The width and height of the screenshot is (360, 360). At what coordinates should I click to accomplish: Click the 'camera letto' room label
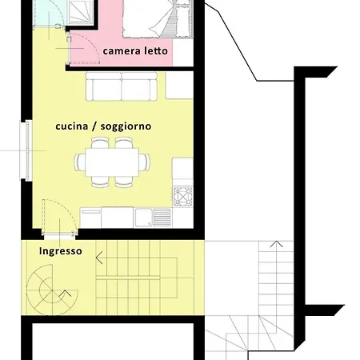pyautogui.click(x=135, y=51)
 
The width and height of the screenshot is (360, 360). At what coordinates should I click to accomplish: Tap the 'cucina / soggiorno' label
pyautogui.click(x=103, y=126)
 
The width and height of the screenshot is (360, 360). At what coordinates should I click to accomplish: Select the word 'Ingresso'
pyautogui.click(x=61, y=251)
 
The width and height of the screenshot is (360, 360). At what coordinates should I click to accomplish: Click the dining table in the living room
pyautogui.click(x=112, y=162)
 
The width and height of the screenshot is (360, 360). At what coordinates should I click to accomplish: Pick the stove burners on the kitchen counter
pyautogui.click(x=183, y=197)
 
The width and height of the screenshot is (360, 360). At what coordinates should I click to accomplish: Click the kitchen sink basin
pyautogui.click(x=144, y=218)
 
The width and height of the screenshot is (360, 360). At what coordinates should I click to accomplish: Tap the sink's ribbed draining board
pyautogui.click(x=162, y=218)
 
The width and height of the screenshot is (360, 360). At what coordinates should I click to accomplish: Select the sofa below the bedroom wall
pyautogui.click(x=122, y=86)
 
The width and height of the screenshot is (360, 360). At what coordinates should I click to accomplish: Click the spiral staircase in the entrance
pyautogui.click(x=52, y=290)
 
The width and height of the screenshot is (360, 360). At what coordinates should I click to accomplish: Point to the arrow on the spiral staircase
pyautogui.click(x=66, y=294)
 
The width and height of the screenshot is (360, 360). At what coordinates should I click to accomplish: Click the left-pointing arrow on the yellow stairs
pyautogui.click(x=99, y=258)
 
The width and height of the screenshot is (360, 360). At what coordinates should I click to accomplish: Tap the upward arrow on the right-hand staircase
pyautogui.click(x=277, y=244)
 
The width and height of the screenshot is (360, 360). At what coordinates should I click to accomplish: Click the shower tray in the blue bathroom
pyautogui.click(x=81, y=12)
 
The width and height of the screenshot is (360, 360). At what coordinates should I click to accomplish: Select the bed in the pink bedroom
pyautogui.click(x=158, y=18)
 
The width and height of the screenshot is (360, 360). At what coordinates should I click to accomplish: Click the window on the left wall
pyautogui.click(x=27, y=150)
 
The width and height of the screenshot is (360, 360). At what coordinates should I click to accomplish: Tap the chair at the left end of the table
pyautogui.click(x=80, y=162)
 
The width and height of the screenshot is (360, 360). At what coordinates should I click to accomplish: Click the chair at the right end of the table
pyautogui.click(x=144, y=162)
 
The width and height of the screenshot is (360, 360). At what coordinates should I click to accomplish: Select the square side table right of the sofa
pyautogui.click(x=179, y=86)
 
